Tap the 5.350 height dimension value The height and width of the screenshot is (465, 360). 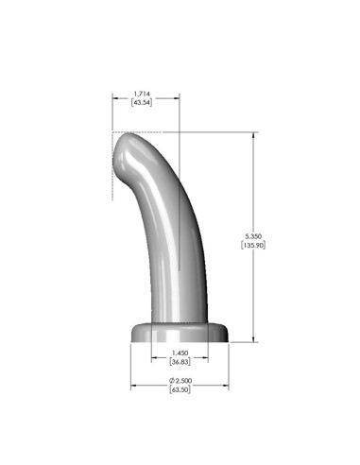(253, 234)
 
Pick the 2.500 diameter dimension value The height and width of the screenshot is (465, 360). (183, 380)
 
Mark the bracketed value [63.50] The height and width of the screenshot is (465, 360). (180, 389)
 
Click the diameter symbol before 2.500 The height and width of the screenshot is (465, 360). (171, 380)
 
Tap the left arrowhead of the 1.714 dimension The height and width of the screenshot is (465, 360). (115, 97)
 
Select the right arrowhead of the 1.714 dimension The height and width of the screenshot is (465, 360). (177, 97)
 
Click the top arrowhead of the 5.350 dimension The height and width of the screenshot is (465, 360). (253, 134)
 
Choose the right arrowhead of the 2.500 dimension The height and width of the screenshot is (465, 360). (229, 385)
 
